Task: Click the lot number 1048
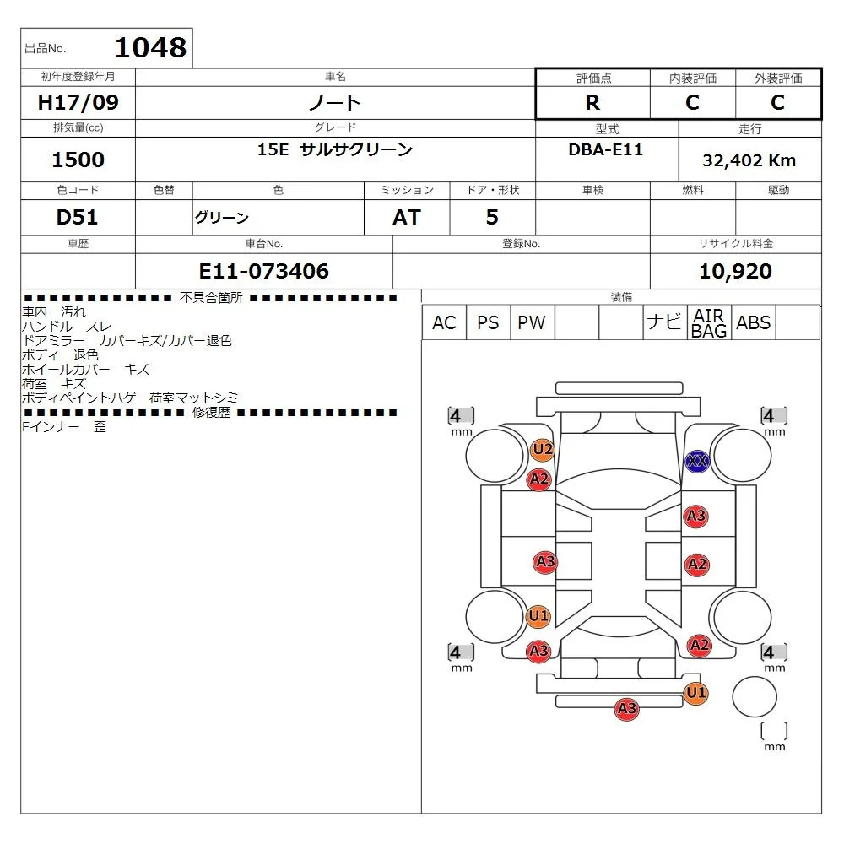(151, 47)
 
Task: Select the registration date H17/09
(78, 102)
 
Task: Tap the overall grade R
(592, 102)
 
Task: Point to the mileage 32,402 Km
(749, 160)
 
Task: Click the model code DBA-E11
(605, 149)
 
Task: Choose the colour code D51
(77, 217)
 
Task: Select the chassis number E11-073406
(263, 271)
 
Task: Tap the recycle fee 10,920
(735, 271)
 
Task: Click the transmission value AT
(407, 217)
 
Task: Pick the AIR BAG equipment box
(709, 322)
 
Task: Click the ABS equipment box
(754, 322)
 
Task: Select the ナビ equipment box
(665, 322)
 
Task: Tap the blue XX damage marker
(697, 462)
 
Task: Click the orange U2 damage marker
(542, 450)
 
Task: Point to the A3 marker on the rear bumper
(626, 708)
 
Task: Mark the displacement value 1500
(78, 160)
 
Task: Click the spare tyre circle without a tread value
(754, 696)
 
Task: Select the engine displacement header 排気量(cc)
(78, 127)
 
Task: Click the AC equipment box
(444, 322)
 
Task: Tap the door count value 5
(492, 217)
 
